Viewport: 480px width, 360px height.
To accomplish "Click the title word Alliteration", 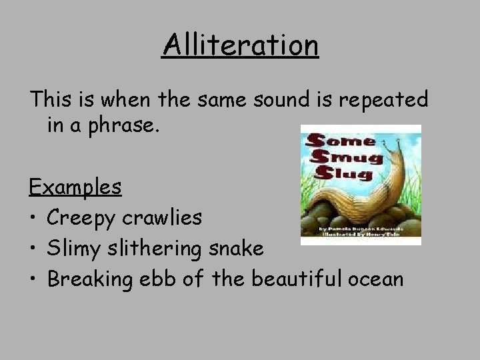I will tap(240, 46).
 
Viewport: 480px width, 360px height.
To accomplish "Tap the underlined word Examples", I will tap(75, 187).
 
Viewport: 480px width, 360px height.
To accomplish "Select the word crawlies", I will tap(170, 217).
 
